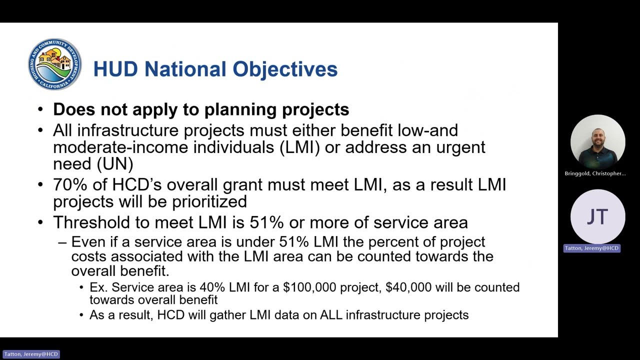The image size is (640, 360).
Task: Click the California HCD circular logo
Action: click(x=54, y=64)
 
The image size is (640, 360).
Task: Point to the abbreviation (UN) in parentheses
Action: click(x=115, y=163)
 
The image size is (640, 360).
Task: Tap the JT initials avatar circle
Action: click(x=597, y=216)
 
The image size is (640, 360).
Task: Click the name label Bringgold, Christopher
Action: click(x=595, y=173)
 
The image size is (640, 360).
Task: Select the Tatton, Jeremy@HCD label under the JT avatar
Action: click(x=592, y=248)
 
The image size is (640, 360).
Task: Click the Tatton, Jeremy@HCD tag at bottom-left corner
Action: click(x=31, y=354)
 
